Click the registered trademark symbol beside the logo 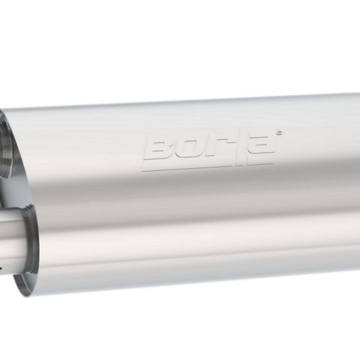279,133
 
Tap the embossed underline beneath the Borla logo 208,167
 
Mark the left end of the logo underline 142,170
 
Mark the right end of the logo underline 273,164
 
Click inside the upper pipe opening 5,148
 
